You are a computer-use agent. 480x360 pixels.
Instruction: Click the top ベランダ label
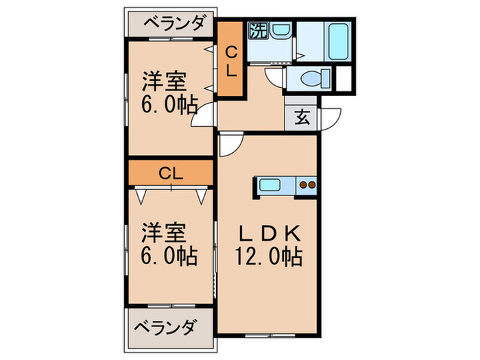174,25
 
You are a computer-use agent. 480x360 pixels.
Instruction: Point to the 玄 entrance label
302,117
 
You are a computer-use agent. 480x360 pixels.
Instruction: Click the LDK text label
269,235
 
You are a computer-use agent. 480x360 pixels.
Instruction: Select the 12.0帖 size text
269,258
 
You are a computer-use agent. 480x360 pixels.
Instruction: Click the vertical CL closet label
231,60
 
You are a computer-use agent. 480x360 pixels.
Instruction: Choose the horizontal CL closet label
169,173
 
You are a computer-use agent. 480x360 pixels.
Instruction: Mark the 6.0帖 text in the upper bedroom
169,105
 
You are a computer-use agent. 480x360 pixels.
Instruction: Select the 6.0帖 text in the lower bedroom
169,256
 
